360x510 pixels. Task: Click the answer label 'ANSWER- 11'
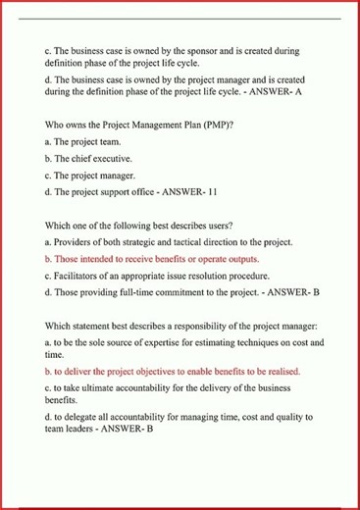(x=189, y=192)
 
